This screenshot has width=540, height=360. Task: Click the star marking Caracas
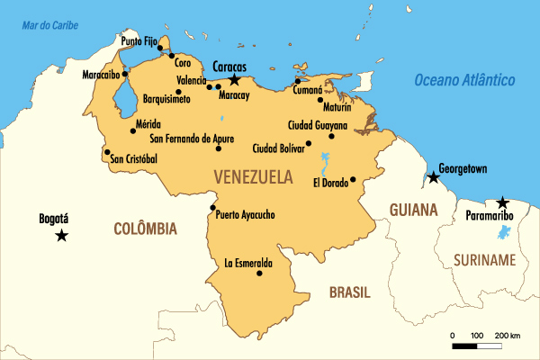[235, 80]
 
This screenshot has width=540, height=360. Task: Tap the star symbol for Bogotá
[61, 236]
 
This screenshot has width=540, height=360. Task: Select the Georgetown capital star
[433, 177]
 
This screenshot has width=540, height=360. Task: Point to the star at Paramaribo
[502, 202]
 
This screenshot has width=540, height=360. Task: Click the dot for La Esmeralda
[259, 273]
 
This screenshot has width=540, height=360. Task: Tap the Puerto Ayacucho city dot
[212, 207]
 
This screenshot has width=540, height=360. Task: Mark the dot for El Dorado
[353, 179]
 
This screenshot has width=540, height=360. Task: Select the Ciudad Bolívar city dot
[309, 143]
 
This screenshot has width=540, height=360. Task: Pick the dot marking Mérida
[133, 130]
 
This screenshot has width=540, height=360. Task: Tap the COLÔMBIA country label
[145, 229]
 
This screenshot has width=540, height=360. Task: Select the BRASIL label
[348, 292]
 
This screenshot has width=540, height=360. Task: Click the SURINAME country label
[484, 261]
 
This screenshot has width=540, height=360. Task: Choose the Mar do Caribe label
[50, 24]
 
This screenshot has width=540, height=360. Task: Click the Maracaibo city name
[101, 75]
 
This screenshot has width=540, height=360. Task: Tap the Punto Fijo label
[139, 40]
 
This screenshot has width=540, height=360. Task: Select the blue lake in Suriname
[504, 234]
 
